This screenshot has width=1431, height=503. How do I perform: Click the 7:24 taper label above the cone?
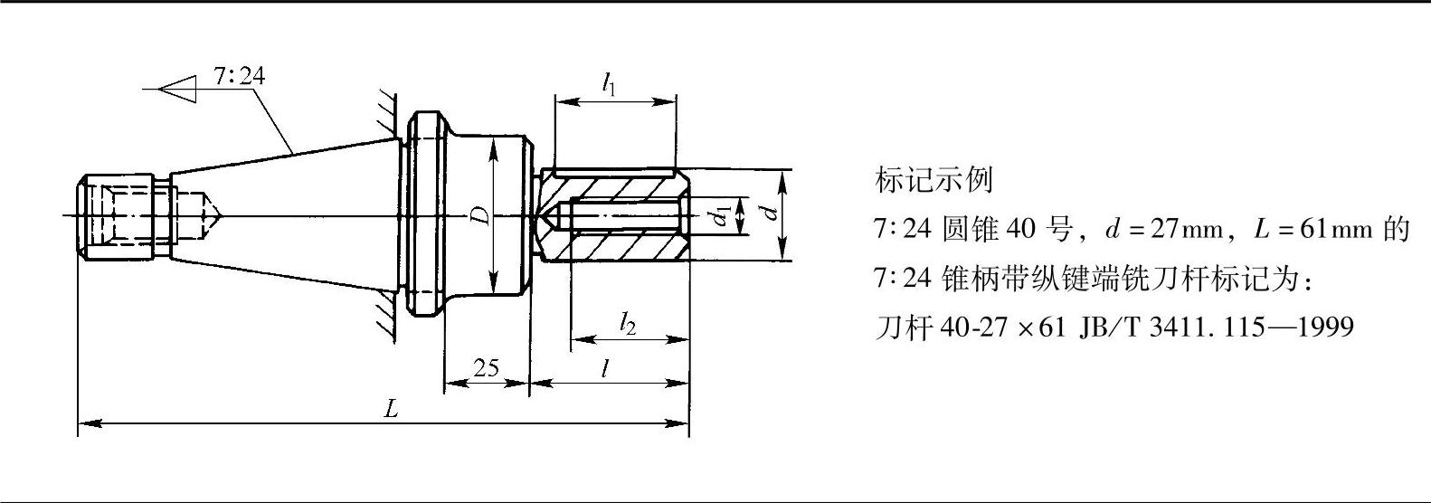click(239, 76)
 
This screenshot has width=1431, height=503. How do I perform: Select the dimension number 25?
click(486, 368)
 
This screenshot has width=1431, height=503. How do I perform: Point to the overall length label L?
click(391, 408)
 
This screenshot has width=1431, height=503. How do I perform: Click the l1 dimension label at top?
click(610, 84)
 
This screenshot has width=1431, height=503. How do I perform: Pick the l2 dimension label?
click(628, 324)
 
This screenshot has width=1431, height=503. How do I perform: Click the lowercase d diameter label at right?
click(769, 214)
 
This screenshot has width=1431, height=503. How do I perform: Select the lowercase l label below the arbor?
click(604, 368)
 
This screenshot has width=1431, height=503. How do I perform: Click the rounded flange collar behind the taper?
click(425, 215)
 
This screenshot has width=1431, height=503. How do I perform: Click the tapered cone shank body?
click(289, 215)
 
